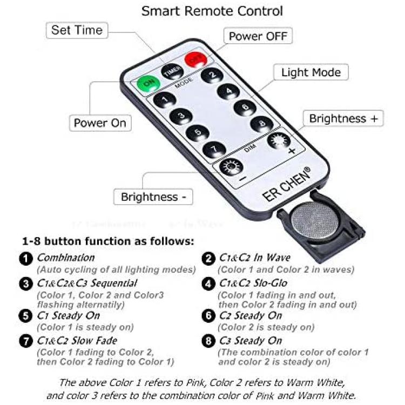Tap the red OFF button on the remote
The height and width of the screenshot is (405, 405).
(196, 59)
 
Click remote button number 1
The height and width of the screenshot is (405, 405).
(165, 100)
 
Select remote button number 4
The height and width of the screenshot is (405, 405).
(228, 92)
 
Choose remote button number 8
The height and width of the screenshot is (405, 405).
(262, 124)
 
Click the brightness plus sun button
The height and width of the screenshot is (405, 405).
(279, 141)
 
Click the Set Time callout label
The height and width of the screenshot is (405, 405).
(77, 30)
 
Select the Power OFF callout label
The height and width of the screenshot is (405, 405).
(258, 36)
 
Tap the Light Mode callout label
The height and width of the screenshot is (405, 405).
(311, 72)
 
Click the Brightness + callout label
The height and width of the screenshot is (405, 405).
(343, 119)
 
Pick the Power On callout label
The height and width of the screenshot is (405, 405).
(100, 123)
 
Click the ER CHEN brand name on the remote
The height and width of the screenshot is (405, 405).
(286, 184)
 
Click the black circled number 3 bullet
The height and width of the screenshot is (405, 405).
(26, 284)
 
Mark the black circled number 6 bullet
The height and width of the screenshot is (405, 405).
(208, 316)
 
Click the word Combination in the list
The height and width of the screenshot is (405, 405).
(66, 258)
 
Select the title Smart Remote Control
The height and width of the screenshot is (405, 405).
(212, 11)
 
